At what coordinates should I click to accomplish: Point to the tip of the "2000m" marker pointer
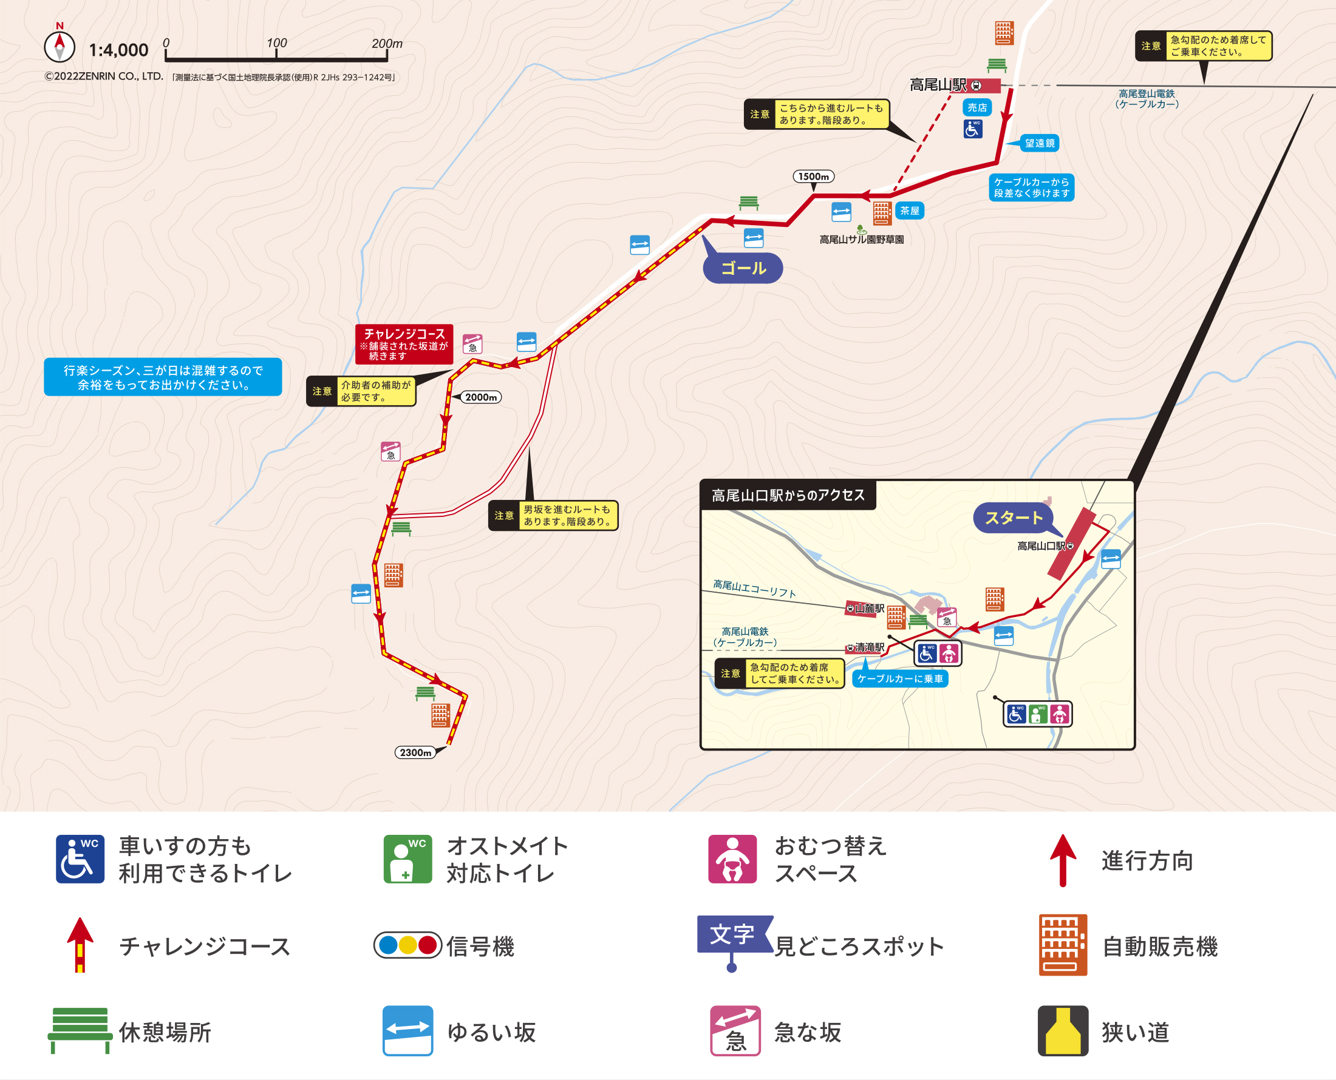(x=451, y=397)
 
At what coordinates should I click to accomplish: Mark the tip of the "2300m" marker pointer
(x=447, y=746)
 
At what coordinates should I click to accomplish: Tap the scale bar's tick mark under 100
(x=276, y=55)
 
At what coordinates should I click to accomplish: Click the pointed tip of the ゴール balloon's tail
(x=703, y=236)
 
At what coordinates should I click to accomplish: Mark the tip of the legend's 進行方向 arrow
(x=1063, y=835)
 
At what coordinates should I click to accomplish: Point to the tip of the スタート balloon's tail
(x=1063, y=536)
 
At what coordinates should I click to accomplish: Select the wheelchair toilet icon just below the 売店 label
(x=972, y=129)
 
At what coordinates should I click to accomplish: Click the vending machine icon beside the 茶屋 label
(x=882, y=214)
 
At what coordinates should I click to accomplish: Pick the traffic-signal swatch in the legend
(x=407, y=945)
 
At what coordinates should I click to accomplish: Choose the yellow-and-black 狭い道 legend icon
(x=1063, y=1031)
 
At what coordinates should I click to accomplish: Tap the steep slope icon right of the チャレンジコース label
(x=472, y=344)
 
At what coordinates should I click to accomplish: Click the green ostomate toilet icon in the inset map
(x=1037, y=714)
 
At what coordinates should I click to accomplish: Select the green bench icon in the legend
(x=80, y=1030)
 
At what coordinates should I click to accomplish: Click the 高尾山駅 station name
(x=938, y=84)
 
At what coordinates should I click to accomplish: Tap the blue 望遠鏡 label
(x=1040, y=143)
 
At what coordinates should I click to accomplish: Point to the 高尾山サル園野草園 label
(x=862, y=240)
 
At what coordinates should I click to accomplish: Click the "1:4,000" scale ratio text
(x=118, y=50)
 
